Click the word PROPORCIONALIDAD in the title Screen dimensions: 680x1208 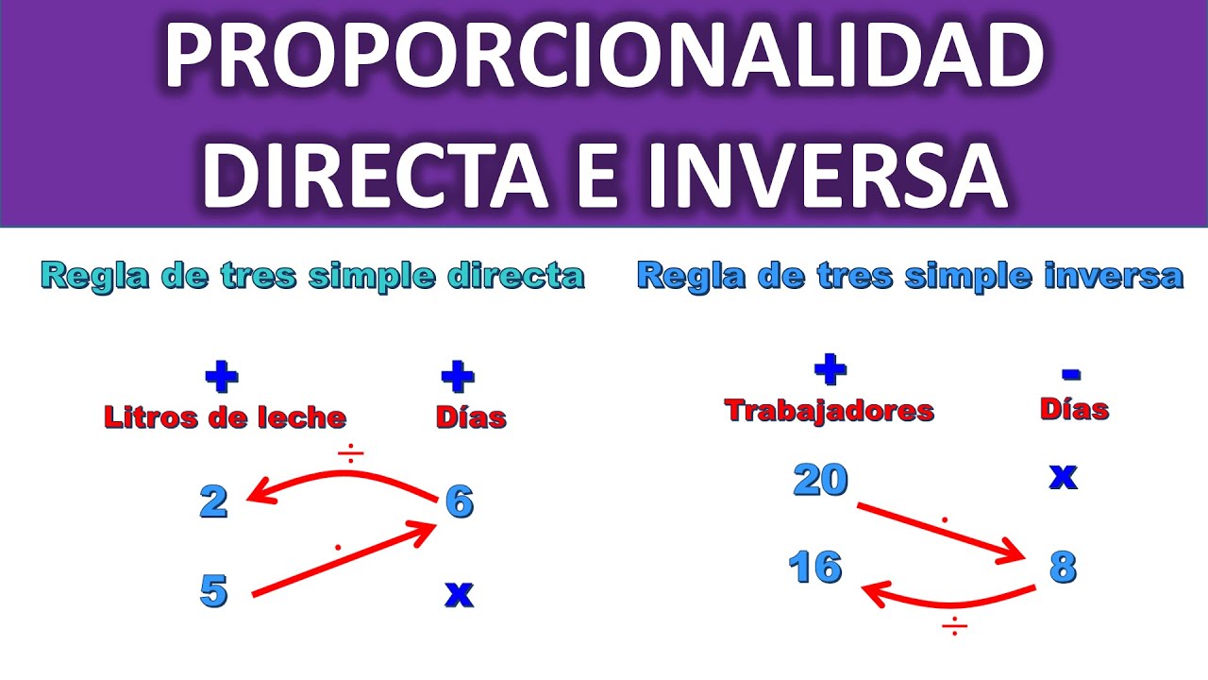tap(604, 59)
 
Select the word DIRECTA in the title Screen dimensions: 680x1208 tap(374, 175)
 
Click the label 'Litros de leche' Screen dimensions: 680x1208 tap(225, 417)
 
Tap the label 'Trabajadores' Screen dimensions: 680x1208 tap(829, 410)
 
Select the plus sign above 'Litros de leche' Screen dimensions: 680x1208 tap(222, 379)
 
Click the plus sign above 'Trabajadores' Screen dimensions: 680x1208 tap(830, 370)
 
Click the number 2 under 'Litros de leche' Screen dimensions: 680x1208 tap(214, 502)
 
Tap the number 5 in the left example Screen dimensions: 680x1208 tap(214, 591)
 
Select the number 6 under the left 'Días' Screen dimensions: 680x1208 tap(459, 502)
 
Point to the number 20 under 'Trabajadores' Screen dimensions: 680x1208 tap(820, 481)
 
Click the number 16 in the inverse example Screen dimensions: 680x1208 tap(815, 568)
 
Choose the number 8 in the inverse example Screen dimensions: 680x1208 tap(1063, 568)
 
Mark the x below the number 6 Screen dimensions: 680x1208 tap(459, 594)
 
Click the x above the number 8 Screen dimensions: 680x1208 tap(1063, 478)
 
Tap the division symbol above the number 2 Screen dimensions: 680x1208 tap(350, 455)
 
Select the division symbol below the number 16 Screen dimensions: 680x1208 tap(954, 626)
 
